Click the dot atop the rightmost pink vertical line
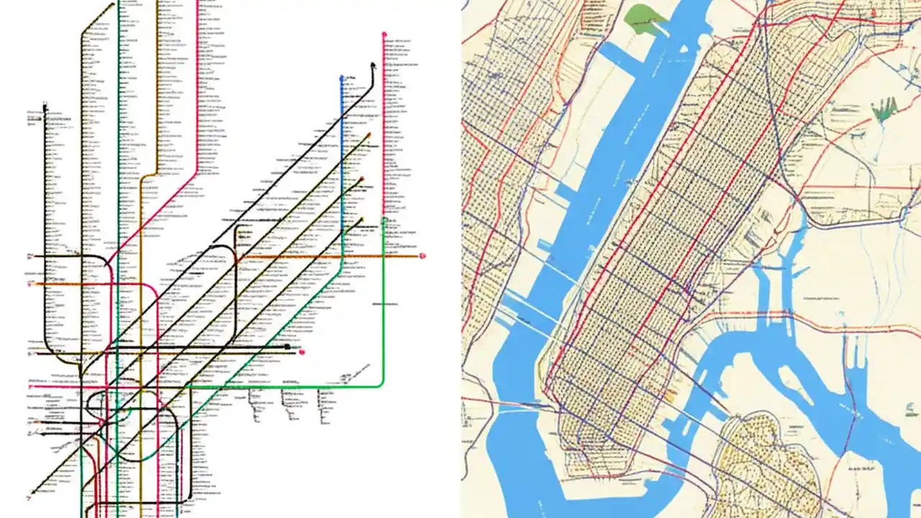coord(384,34)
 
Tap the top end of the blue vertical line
coord(342,77)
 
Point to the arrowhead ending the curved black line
coord(373,65)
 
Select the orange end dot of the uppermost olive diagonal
coord(368,135)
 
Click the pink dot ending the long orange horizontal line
coord(422,255)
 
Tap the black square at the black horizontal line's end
coord(287,347)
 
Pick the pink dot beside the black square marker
coord(302,352)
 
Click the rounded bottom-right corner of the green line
coord(380,383)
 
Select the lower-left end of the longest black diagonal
coord(32,494)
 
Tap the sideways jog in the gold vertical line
coord(148,175)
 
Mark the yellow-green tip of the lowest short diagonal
coord(362,220)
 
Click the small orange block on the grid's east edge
coord(671,394)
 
